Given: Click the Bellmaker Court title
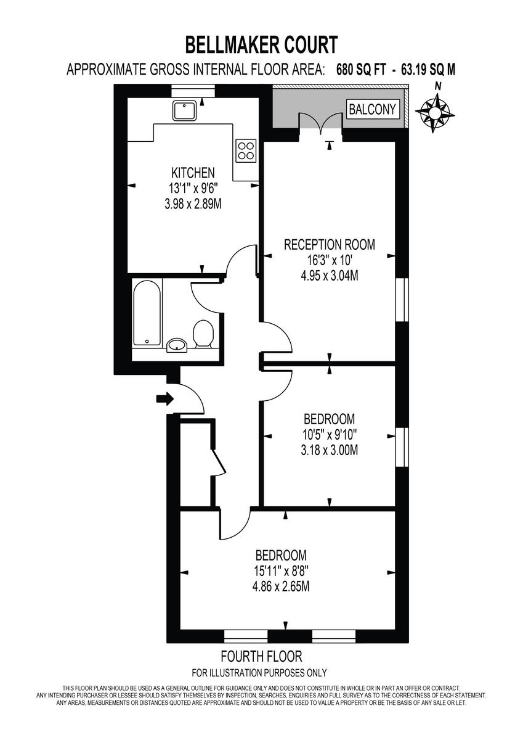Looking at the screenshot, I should (261, 46).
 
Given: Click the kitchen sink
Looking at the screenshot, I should (185, 111).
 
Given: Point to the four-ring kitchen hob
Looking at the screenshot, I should (246, 150).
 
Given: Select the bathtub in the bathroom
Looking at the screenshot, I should (147, 314).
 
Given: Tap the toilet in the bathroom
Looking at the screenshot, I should (202, 334).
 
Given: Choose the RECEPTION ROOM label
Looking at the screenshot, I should (329, 244).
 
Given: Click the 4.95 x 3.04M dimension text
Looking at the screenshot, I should (329, 276).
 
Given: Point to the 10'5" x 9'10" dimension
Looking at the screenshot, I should (329, 434).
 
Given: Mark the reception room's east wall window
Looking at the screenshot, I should (402, 300).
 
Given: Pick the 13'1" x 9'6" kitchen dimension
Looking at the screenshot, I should (193, 188).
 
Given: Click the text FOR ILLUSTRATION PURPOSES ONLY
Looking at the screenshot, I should (259, 673).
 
